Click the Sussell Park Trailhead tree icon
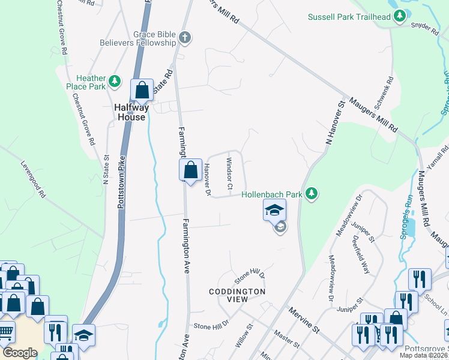coord(400,17)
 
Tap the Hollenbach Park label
coord(272,194)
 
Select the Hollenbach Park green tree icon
coord(311,193)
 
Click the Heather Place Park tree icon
coord(116,82)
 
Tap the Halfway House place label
coord(131,112)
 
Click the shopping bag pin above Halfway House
coord(142,91)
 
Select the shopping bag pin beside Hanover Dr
coord(190,170)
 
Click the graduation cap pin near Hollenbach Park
coord(274,211)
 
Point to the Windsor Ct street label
coord(229,173)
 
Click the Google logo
coord(20,353)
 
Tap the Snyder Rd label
coord(426,26)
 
